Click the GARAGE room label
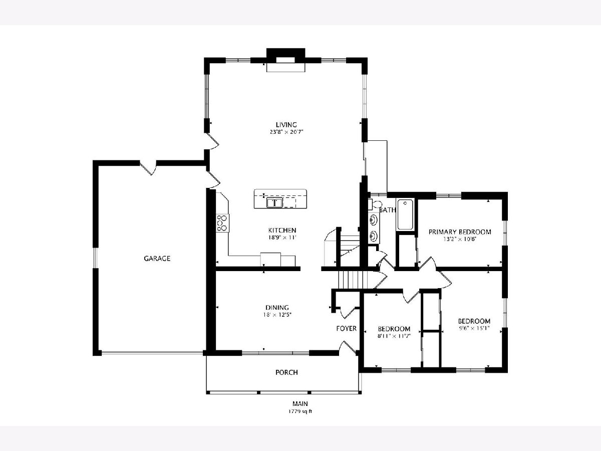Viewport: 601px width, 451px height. click(157, 258)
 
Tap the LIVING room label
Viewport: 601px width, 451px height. click(286, 125)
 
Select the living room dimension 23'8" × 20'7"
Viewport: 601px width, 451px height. click(286, 132)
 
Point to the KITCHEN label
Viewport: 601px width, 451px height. click(282, 231)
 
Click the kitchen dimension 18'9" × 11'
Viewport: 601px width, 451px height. click(282, 238)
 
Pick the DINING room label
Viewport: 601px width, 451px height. click(277, 308)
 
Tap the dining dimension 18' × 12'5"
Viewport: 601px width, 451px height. click(277, 315)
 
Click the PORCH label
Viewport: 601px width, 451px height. click(286, 372)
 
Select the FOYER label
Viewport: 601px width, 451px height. click(347, 328)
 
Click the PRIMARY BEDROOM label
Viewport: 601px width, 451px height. click(460, 232)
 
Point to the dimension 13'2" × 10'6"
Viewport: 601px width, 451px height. click(460, 239)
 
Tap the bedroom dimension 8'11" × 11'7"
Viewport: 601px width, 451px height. click(394, 336)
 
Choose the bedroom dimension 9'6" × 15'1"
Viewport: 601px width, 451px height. click(474, 328)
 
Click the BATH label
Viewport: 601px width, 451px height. click(388, 210)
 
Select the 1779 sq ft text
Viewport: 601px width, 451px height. click(300, 411)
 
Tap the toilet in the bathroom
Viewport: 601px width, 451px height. click(375, 204)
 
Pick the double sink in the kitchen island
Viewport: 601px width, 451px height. click(274, 203)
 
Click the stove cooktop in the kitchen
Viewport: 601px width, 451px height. click(222, 223)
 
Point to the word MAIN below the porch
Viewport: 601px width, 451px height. click(300, 403)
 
